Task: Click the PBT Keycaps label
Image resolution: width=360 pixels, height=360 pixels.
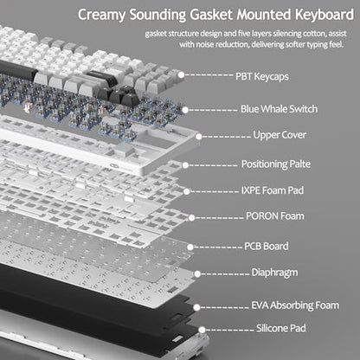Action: pos(262,77)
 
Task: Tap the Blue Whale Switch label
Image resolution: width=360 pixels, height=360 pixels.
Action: pos(279,109)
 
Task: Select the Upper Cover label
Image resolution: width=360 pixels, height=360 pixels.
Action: pos(280,135)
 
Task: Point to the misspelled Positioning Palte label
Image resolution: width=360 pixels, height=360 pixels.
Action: pos(276,164)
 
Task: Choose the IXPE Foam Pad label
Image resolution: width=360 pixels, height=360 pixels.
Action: pos(273,190)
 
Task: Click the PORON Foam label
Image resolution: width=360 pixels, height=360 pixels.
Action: pos(275,216)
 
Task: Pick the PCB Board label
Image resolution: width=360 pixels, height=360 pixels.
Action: pos(267,246)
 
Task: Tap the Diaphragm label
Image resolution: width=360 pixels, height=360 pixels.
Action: pos(274,273)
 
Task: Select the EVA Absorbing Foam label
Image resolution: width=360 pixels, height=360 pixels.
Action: pos(295,305)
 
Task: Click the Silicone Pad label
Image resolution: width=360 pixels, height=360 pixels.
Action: pos(281,328)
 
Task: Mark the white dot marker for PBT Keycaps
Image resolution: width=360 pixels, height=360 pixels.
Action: pos(181,74)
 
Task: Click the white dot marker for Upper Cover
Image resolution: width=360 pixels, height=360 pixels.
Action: pos(199,137)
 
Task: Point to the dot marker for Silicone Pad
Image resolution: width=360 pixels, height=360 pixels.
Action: pos(202,330)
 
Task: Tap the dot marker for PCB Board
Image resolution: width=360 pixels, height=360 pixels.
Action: pos(190,247)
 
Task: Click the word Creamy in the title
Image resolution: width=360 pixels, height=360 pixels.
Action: pos(101,15)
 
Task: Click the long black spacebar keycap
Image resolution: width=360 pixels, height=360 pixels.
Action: pos(18,71)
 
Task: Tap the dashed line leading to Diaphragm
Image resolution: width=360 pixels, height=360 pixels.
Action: pos(225,273)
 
